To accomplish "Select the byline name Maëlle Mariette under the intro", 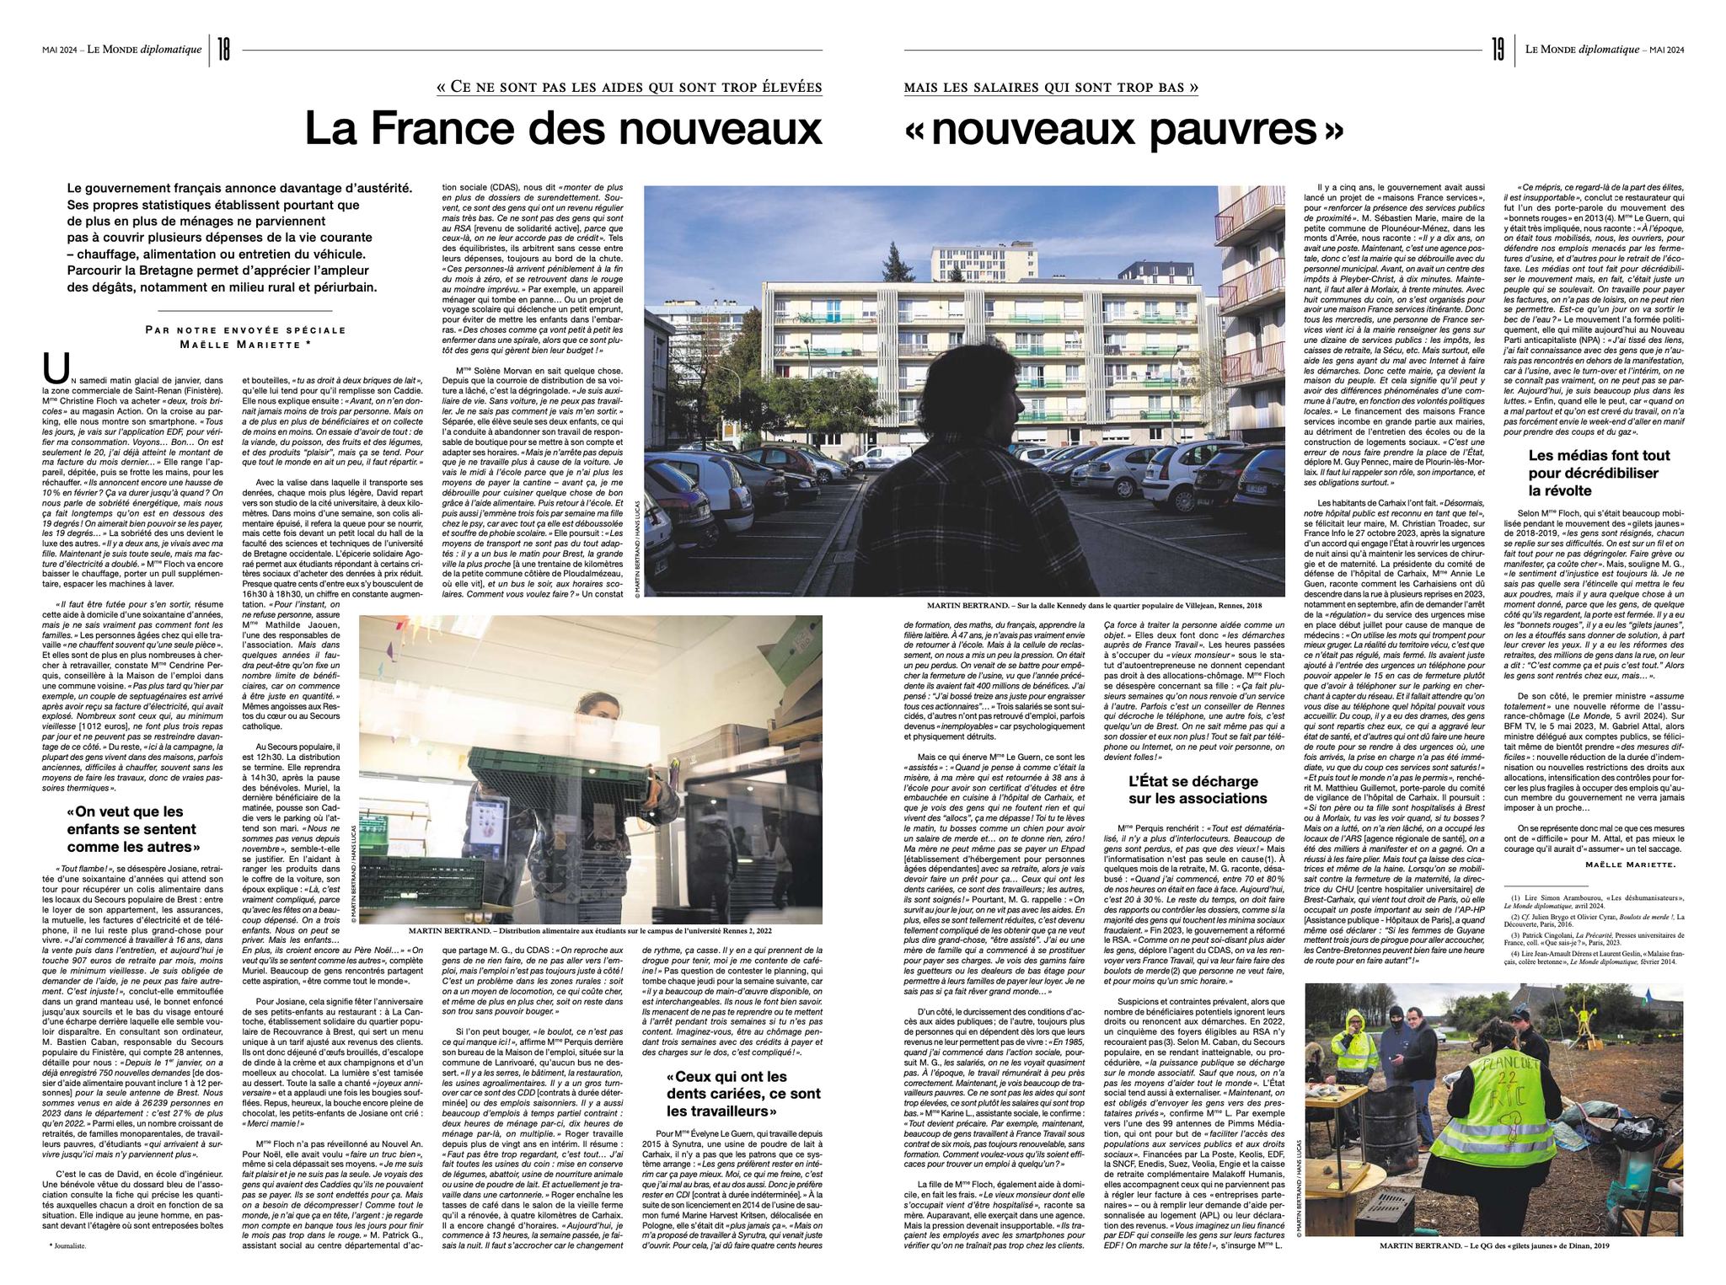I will pos(245,343).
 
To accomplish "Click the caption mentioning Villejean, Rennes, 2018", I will pos(1094,604).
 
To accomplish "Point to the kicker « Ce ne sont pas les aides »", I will pos(629,88).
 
